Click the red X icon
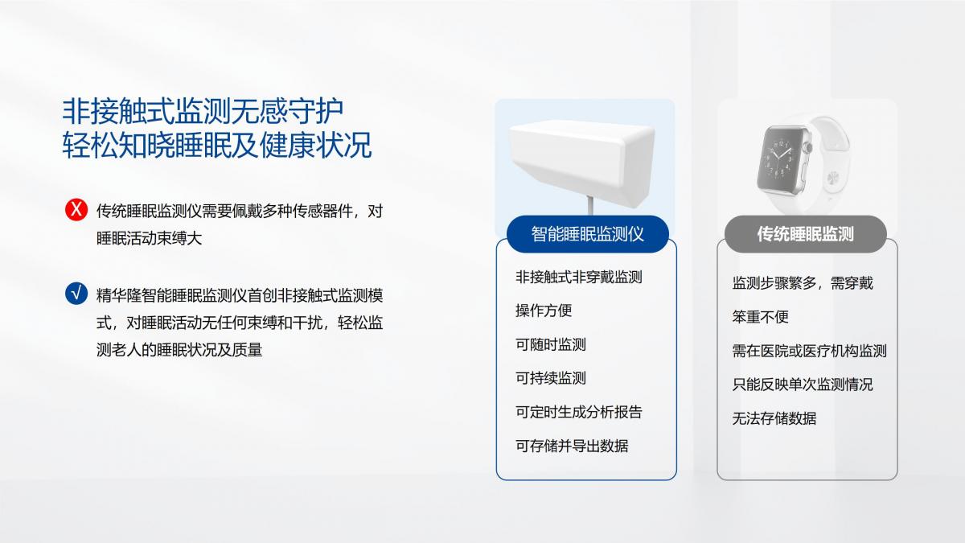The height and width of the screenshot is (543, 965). point(76,209)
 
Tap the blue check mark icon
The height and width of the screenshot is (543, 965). point(76,294)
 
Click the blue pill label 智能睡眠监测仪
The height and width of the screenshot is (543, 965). point(588,234)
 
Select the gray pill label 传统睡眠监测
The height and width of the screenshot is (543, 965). point(805,234)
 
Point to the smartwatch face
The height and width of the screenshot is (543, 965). point(781,161)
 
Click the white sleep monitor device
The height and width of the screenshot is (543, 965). point(581,162)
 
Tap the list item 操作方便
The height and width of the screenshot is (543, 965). point(544,311)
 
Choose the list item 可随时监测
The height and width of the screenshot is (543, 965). point(551,344)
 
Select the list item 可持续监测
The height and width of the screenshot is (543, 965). point(551,378)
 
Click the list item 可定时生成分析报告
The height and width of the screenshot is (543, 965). point(578,412)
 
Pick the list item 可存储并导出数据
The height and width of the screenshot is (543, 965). point(572,446)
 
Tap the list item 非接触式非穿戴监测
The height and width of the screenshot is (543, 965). point(578,277)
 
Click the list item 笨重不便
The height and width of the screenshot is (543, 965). point(761,317)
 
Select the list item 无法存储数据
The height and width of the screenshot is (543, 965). point(774,418)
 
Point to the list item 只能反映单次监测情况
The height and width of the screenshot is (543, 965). point(803,385)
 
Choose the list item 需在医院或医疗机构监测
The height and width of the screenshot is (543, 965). point(810,351)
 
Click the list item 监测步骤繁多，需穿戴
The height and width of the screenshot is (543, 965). point(803,283)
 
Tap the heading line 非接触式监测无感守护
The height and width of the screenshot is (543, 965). point(203,111)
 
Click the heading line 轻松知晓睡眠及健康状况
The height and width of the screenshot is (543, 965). point(216,146)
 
